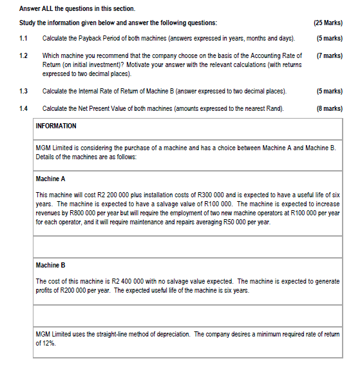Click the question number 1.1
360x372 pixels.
coord(24,39)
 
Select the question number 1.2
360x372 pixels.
coord(24,56)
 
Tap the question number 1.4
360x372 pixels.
coord(24,108)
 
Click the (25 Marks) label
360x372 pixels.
coord(328,23)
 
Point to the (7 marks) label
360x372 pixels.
coord(330,56)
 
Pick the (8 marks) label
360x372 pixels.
coord(330,108)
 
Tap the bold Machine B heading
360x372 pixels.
coord(51,265)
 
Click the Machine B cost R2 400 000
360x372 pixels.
coord(129,282)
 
